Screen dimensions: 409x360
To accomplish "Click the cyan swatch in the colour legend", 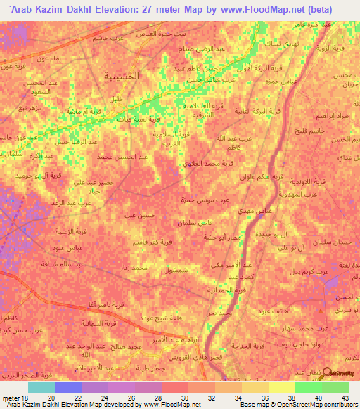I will tap(41, 387).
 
